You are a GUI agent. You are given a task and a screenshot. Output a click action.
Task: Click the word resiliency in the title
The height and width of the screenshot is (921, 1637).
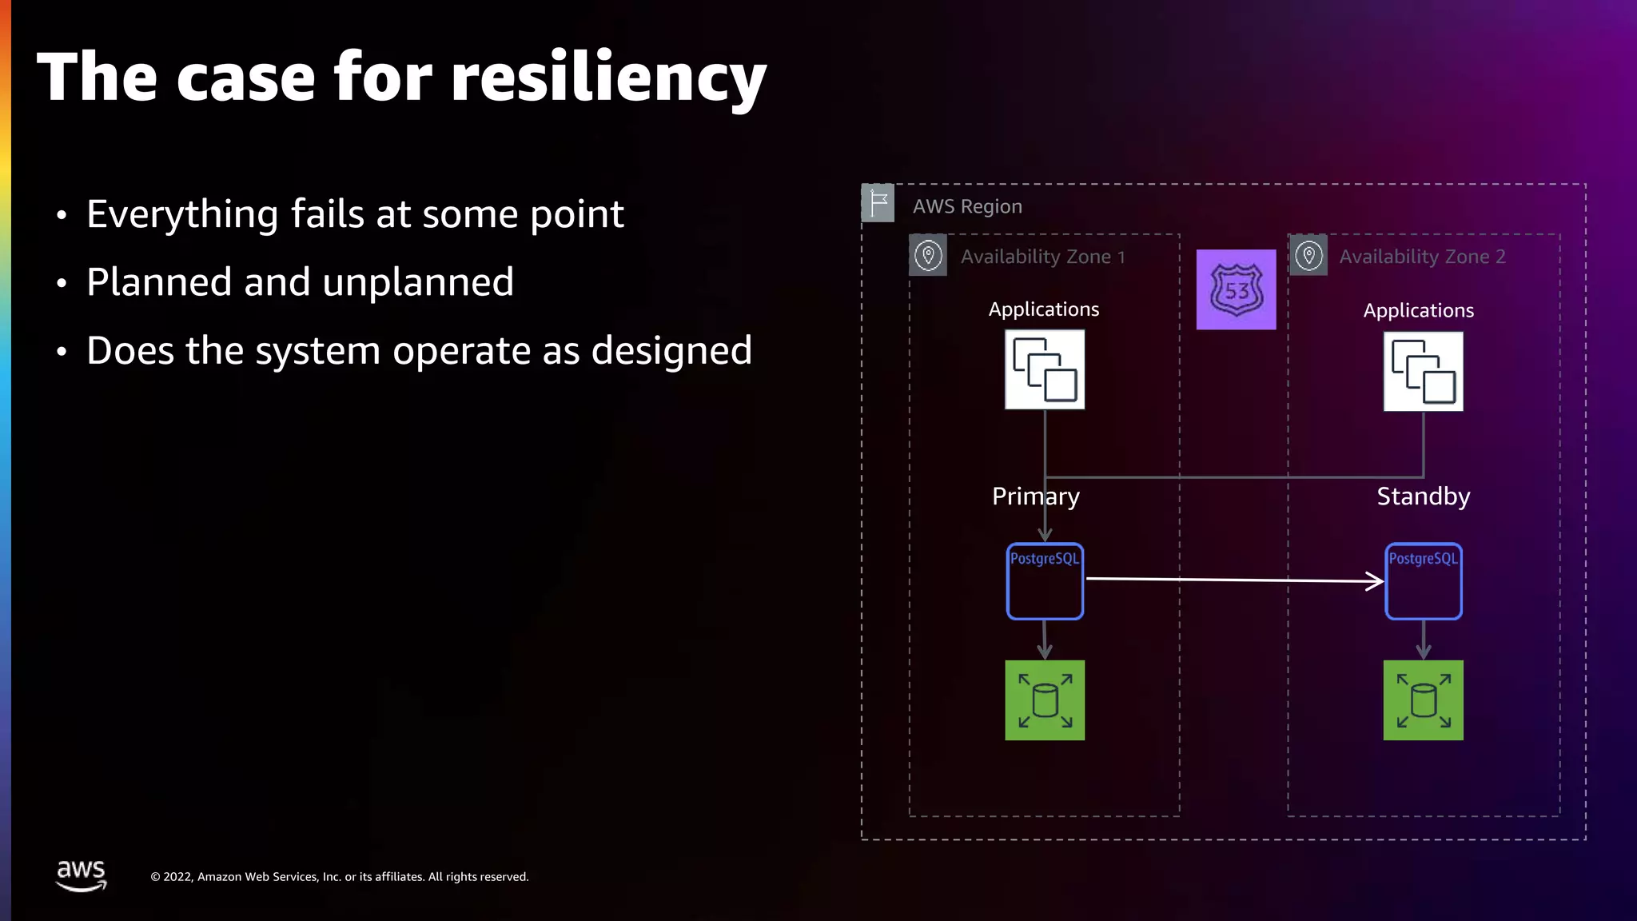[x=608, y=78]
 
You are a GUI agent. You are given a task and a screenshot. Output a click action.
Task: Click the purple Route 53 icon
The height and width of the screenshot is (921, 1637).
[x=1236, y=289]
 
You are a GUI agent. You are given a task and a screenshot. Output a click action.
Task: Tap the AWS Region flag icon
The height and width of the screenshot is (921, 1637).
[x=878, y=203]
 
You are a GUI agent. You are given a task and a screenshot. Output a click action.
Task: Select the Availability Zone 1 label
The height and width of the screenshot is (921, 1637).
[x=1042, y=257]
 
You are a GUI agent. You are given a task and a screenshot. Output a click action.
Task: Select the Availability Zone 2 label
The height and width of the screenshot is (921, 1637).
[x=1422, y=257]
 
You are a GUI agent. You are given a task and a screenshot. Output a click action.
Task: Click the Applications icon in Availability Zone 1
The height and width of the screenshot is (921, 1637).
[x=1045, y=369]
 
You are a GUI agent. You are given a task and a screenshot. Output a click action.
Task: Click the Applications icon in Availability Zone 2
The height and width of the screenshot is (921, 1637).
[x=1423, y=372]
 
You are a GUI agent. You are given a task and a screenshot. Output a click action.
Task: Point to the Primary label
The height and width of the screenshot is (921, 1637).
[x=1035, y=496]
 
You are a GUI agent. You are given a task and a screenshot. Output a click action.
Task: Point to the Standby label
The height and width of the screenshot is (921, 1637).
[x=1423, y=496]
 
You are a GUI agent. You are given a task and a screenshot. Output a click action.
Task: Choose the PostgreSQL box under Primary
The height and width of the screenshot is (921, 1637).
[x=1045, y=581]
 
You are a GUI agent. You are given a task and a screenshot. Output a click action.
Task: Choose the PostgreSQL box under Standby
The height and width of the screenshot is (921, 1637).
[x=1423, y=581]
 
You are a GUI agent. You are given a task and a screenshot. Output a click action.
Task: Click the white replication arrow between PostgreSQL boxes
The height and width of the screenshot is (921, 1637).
[x=1235, y=580]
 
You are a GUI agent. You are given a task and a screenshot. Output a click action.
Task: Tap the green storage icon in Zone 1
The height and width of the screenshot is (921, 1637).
[x=1045, y=700]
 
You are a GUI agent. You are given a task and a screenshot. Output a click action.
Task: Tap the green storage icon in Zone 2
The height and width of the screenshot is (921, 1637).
[x=1423, y=700]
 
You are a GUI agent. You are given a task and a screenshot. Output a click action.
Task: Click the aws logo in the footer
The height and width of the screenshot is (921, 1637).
[x=81, y=875]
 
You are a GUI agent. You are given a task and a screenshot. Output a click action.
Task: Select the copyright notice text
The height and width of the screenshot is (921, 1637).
[x=340, y=877]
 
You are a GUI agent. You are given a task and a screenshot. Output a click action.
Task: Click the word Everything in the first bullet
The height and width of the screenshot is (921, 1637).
[x=181, y=214]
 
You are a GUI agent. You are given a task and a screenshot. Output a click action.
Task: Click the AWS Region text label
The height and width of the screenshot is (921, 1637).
[x=967, y=206]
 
